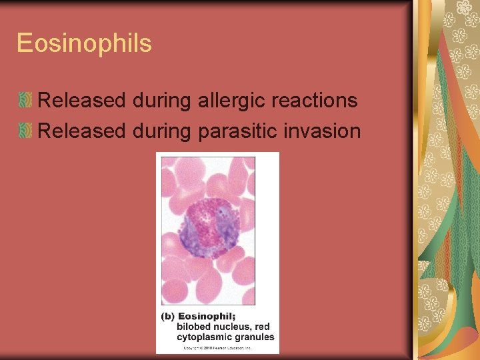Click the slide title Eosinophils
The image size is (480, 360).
point(84,44)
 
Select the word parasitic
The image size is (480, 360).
point(237,131)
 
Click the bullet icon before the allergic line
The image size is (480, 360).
point(25,101)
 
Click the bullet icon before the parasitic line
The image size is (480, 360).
point(25,131)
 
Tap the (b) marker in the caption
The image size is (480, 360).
point(168,316)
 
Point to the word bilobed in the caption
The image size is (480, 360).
point(193,327)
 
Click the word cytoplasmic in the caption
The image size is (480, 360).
point(204,337)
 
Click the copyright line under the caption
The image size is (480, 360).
point(217,347)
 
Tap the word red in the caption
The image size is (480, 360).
point(263,327)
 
